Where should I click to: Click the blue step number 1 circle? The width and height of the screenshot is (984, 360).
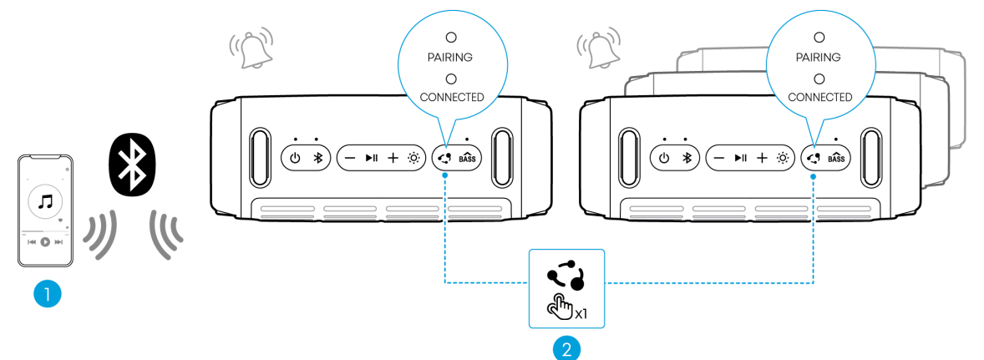coord(47,293)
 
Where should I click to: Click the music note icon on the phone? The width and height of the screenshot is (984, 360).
coord(45,200)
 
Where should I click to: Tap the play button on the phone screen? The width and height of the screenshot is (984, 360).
coord(45,241)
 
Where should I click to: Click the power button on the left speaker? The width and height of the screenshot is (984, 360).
coord(294,158)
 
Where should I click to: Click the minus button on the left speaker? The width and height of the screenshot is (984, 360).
coord(349,158)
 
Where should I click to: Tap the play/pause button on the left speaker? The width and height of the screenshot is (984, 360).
coord(371,158)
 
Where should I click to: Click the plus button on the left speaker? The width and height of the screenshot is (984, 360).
coord(393,158)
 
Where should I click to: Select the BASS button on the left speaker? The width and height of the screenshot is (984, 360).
coord(467,158)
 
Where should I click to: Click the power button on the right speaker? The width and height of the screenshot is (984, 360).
coord(663,158)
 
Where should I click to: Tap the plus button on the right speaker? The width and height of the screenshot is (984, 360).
coord(761,158)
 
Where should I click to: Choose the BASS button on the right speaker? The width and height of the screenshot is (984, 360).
coord(836,158)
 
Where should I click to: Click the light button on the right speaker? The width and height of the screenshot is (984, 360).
coord(783,158)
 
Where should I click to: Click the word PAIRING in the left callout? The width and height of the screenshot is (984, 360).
coord(451,58)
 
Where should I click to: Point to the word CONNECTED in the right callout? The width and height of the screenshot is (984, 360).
coord(819,97)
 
